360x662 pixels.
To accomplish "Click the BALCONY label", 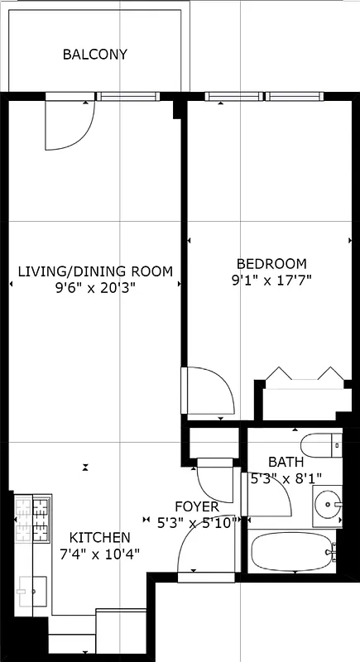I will [x=95, y=55].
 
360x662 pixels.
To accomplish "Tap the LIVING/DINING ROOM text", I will [x=95, y=271].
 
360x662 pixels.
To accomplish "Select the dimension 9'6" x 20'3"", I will [x=95, y=288].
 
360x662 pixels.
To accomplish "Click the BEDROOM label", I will [x=268, y=263].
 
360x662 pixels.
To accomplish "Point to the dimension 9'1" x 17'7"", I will [x=271, y=281].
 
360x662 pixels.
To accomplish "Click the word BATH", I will [x=286, y=462].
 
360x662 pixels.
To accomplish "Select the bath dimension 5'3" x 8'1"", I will [x=286, y=477].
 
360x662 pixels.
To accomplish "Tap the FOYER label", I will [x=197, y=506].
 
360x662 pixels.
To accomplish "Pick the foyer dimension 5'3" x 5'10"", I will [x=197, y=522].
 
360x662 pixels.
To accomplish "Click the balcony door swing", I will [x=70, y=124].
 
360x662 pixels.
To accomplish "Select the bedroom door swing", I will [x=207, y=391].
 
